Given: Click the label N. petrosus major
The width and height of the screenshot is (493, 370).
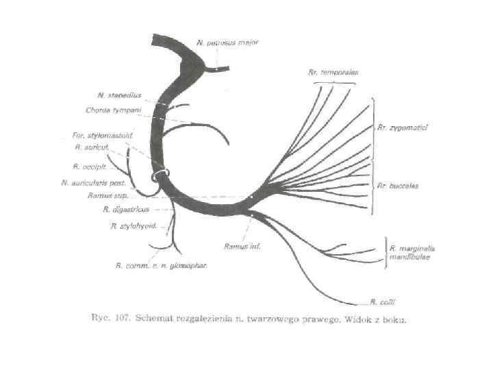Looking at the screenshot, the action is pos(227,42).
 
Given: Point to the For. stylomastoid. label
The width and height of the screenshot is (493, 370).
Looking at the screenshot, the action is pos(102,135).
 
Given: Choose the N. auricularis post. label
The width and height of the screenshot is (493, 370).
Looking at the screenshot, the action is pos(92,182).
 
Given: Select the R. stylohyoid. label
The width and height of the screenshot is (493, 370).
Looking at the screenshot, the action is pos(134,225).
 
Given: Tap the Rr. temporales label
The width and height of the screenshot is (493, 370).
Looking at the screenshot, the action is pos(334,71).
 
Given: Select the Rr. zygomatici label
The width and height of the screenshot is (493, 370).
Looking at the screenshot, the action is pos(403,127).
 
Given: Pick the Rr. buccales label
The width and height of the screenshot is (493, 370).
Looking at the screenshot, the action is pos(397,186).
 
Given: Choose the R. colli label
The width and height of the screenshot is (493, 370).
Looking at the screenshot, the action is pos(380,301).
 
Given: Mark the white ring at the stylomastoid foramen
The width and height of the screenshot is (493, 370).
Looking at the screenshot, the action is pos(161,176).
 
